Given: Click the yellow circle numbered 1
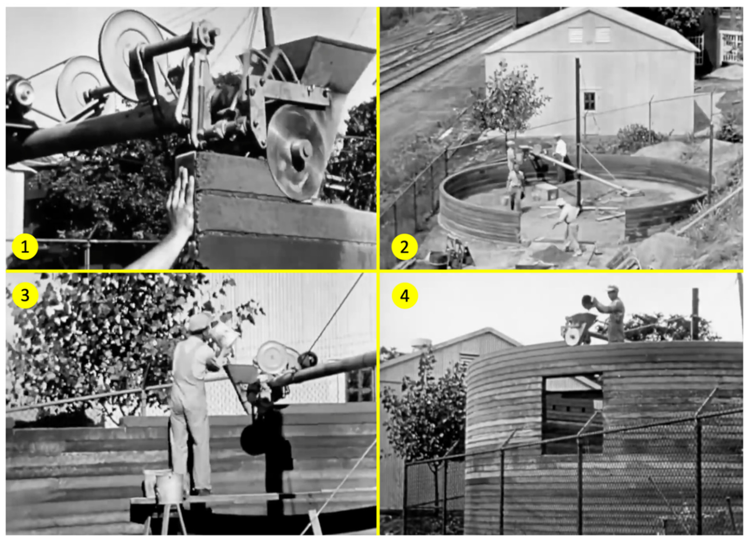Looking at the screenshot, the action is click(25, 247).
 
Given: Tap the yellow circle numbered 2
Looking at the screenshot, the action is click(404, 247).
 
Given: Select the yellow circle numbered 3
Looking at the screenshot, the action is click(25, 295).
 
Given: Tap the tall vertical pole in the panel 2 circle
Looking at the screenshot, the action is click(578, 132).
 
